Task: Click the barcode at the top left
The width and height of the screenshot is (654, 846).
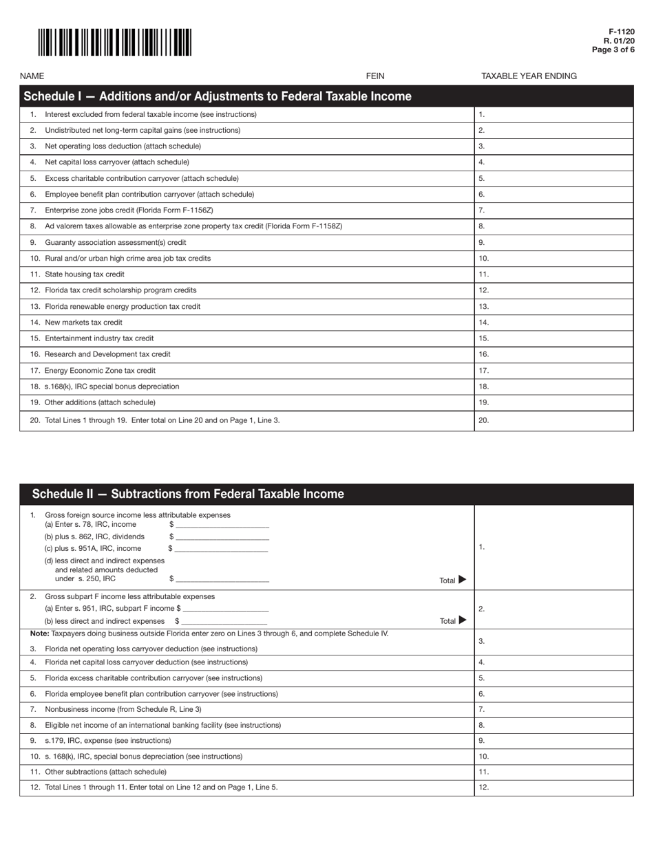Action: click(115, 43)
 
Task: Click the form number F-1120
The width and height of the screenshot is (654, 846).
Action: click(621, 32)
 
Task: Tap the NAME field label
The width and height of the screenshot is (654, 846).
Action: click(32, 76)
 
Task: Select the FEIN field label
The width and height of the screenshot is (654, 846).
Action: click(375, 76)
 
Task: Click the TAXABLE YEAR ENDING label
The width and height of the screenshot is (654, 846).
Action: click(529, 76)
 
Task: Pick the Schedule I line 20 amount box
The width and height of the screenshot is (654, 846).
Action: click(553, 420)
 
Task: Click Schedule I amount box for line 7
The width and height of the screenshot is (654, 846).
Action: click(553, 210)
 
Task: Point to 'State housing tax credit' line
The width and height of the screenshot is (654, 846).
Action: click(85, 274)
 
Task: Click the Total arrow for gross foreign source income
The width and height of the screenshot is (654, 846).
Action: click(461, 580)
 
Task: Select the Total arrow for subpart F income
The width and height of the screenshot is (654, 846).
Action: click(461, 620)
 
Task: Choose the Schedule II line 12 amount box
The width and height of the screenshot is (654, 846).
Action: click(553, 787)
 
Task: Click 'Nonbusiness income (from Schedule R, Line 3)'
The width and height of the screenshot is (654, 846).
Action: click(123, 709)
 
